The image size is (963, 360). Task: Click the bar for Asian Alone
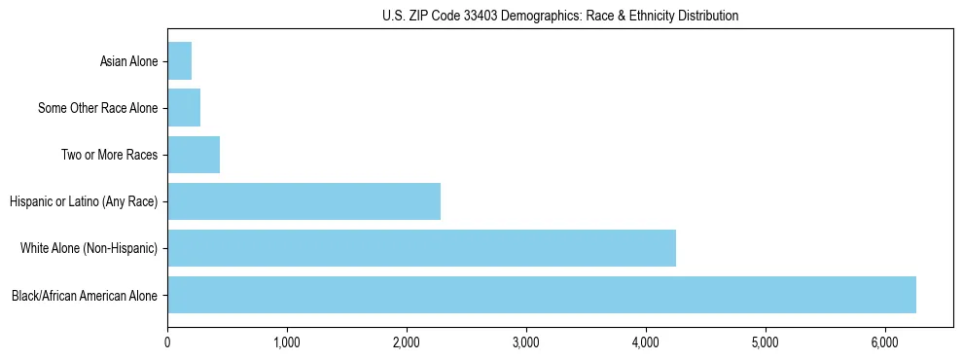point(180,61)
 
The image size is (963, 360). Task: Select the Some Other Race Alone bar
point(184,108)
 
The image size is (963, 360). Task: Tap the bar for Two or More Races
point(194,155)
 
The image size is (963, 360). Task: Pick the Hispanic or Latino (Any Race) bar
point(303,201)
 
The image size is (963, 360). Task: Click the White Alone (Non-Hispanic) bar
point(421,248)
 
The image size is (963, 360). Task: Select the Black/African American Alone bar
point(542,295)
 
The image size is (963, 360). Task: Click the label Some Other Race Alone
point(97,108)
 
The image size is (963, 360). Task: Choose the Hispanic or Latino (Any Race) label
point(84,201)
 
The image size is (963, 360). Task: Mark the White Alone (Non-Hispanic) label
point(89,248)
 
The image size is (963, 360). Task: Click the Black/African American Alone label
point(85,295)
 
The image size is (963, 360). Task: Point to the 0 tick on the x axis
point(167,342)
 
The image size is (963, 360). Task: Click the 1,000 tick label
point(287,342)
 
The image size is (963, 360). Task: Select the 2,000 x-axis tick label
point(407,342)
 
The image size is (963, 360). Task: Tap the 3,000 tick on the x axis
point(526,342)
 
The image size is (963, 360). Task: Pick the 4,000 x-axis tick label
point(646,342)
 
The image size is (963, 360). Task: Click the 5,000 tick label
point(766,342)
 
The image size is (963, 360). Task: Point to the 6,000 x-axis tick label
point(885,342)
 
